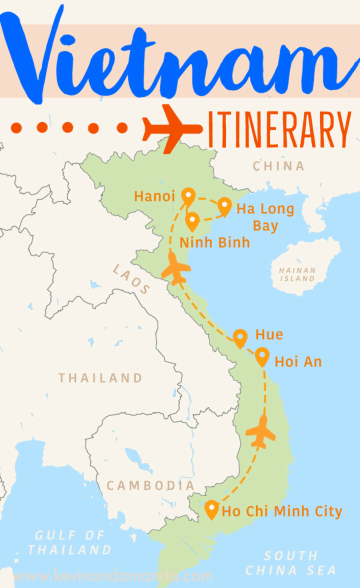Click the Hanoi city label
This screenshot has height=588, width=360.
pyautogui.click(x=154, y=196)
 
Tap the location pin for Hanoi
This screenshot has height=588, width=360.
pyautogui.click(x=188, y=196)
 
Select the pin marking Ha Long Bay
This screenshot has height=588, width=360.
pyautogui.click(x=225, y=205)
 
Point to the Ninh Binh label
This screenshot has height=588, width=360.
pyautogui.click(x=214, y=242)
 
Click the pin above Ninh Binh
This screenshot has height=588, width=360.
pyautogui.click(x=192, y=221)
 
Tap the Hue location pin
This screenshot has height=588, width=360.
pyautogui.click(x=240, y=337)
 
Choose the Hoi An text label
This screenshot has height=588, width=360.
pyautogui.click(x=298, y=361)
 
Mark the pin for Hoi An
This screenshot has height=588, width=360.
pyautogui.click(x=262, y=356)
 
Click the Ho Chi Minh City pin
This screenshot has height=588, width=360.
pyautogui.click(x=212, y=509)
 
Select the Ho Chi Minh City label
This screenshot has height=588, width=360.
pyautogui.click(x=282, y=511)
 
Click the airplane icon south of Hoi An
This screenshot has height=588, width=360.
pyautogui.click(x=260, y=431)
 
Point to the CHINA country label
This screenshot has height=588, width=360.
pyautogui.click(x=278, y=165)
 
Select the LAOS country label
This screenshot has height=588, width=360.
pyautogui.click(x=131, y=279)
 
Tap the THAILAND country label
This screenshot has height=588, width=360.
pyautogui.click(x=100, y=377)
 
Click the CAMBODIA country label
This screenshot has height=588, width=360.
pyautogui.click(x=150, y=485)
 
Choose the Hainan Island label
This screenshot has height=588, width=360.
pyautogui.click(x=297, y=274)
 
